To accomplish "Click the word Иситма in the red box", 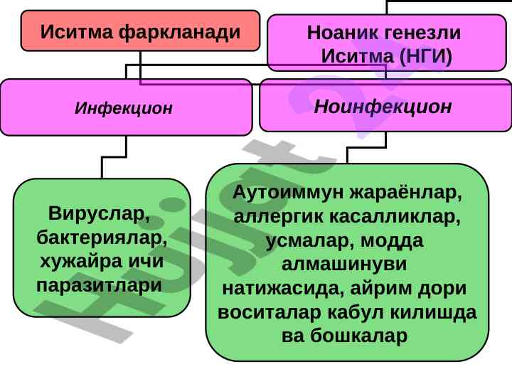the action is (x=77, y=32).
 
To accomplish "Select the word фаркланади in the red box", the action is (x=179, y=33).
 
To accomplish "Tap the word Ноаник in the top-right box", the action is (x=339, y=33).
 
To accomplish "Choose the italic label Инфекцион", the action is (x=124, y=108).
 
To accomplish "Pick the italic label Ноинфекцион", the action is (x=383, y=107).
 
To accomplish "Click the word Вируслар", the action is (x=99, y=213).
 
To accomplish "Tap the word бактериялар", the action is (x=102, y=238).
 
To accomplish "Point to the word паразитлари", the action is (x=100, y=285).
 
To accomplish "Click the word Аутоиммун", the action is (x=288, y=192).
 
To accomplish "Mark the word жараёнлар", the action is (x=405, y=193).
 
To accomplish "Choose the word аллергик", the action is (x=278, y=216).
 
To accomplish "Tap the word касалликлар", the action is (x=395, y=216).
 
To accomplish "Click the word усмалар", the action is (x=311, y=240).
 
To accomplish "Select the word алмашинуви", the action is (x=344, y=264).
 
